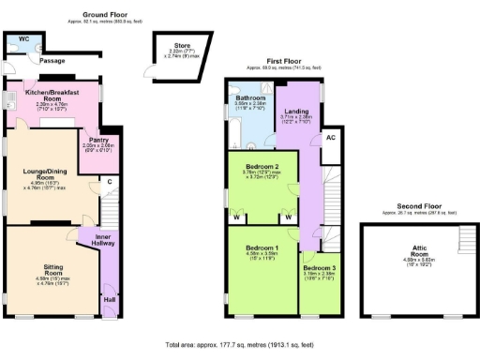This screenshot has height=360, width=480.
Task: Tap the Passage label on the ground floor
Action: (52, 60)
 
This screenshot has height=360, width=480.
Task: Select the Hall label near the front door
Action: (109, 300)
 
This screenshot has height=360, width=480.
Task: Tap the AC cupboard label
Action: (330, 137)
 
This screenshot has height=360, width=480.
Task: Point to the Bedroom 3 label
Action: (322, 268)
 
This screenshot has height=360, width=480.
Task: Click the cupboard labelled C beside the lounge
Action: (109, 181)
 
